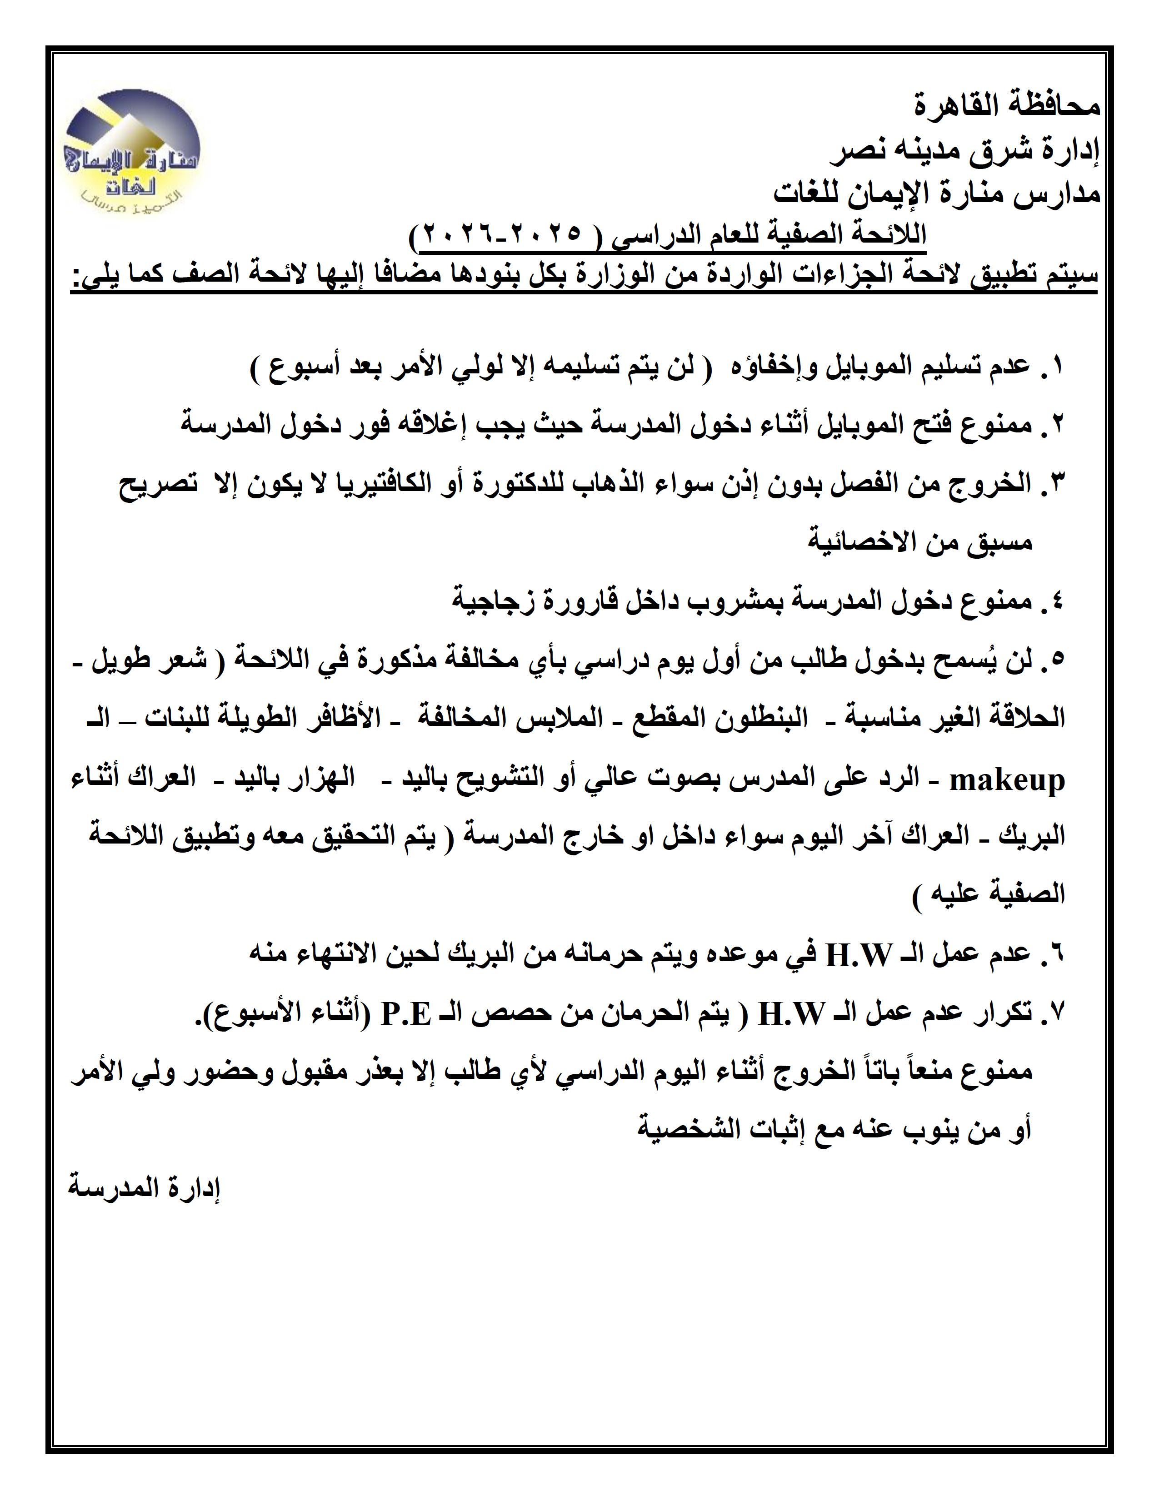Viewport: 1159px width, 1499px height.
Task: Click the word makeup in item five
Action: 1007,779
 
